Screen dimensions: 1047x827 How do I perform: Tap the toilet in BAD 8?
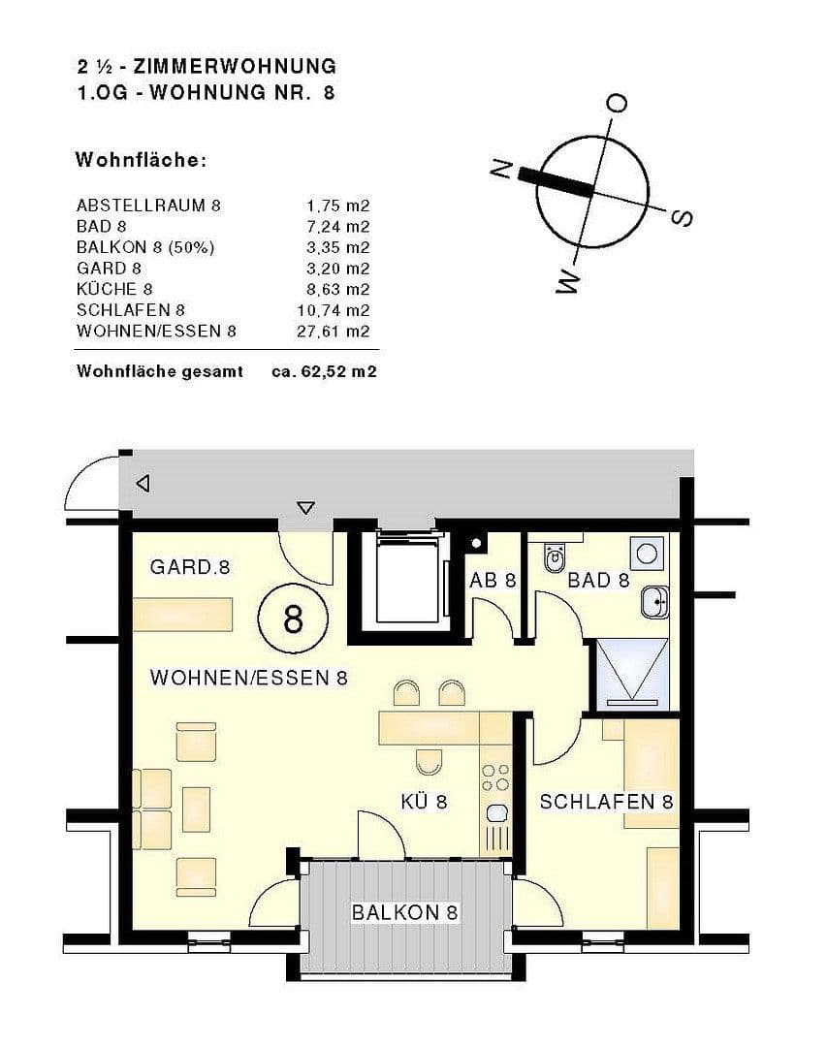[556, 557]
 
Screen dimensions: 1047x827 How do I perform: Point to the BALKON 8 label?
[404, 912]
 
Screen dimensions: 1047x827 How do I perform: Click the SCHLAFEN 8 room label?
[606, 802]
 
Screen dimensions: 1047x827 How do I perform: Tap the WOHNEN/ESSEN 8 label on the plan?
[248, 678]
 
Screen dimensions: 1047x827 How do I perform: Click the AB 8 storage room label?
[493, 581]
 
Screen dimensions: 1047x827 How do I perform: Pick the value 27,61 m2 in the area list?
[334, 332]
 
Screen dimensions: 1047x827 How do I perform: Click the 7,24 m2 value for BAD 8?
[338, 227]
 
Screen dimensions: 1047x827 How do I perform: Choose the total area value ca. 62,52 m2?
[324, 371]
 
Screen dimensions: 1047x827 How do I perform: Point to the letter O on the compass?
[616, 103]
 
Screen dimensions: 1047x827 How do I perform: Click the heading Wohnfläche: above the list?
[141, 160]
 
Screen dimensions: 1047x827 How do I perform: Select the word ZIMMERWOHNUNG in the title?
[236, 67]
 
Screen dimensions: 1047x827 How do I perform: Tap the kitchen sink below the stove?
[497, 812]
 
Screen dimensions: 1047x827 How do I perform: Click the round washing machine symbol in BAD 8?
[645, 554]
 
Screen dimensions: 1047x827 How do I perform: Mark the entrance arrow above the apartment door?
[306, 506]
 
